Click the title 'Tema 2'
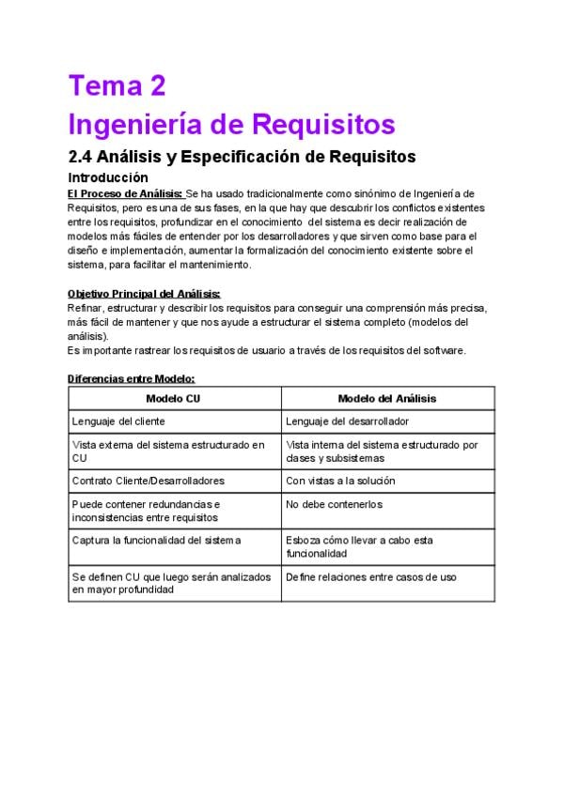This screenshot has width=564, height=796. [117, 86]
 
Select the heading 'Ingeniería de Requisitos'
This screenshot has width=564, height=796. [232, 124]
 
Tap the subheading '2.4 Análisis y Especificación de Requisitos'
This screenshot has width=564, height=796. [242, 156]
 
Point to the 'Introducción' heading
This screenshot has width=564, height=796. [108, 176]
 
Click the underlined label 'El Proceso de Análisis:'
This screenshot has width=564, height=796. [126, 193]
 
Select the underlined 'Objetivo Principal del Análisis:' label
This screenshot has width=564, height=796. [144, 294]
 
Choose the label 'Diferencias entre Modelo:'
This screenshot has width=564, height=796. [131, 378]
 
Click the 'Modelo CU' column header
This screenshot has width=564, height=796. [175, 398]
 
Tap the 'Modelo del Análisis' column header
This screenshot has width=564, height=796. [387, 398]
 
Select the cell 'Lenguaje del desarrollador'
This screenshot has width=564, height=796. [347, 421]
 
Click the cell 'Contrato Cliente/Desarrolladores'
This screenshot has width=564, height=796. [149, 481]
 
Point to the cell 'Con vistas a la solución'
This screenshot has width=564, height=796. [340, 481]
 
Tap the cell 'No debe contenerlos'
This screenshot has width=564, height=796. [334, 504]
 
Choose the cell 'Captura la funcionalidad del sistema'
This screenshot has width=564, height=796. [156, 540]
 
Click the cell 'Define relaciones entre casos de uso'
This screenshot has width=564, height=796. [371, 576]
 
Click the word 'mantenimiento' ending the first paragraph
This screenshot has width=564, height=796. [216, 265]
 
